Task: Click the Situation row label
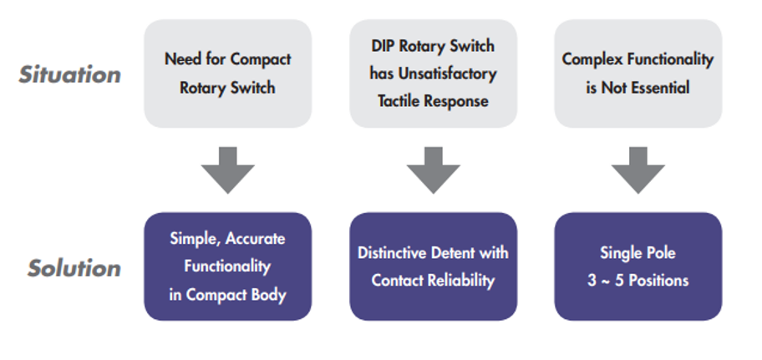tap(70, 74)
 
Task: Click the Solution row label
tap(74, 267)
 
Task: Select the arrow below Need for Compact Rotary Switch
tap(228, 170)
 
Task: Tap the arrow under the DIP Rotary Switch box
tap(434, 170)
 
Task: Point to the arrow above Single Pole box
tap(638, 170)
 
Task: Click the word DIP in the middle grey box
tap(382, 46)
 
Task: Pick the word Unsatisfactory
tap(447, 74)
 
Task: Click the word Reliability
tap(464, 281)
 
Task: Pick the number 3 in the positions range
tap(592, 281)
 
